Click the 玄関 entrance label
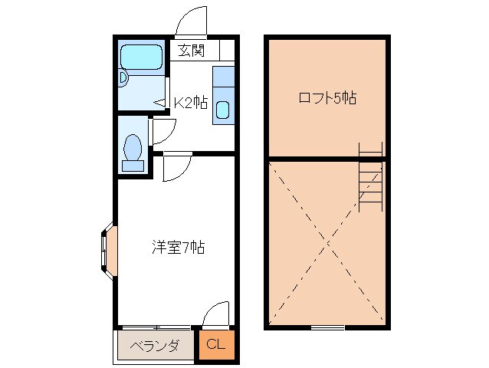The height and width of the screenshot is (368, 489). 192,51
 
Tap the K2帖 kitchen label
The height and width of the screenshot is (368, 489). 190,102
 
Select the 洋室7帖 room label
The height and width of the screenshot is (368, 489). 177,247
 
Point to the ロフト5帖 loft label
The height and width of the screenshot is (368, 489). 327,98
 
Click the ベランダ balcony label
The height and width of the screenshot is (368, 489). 154,346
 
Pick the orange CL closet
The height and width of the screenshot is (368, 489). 216,345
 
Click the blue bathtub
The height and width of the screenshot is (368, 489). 141,56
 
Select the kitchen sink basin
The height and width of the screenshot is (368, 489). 222,110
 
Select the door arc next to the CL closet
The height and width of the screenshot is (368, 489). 217,314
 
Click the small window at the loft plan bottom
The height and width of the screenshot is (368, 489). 327,327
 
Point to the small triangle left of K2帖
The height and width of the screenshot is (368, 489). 160,102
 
